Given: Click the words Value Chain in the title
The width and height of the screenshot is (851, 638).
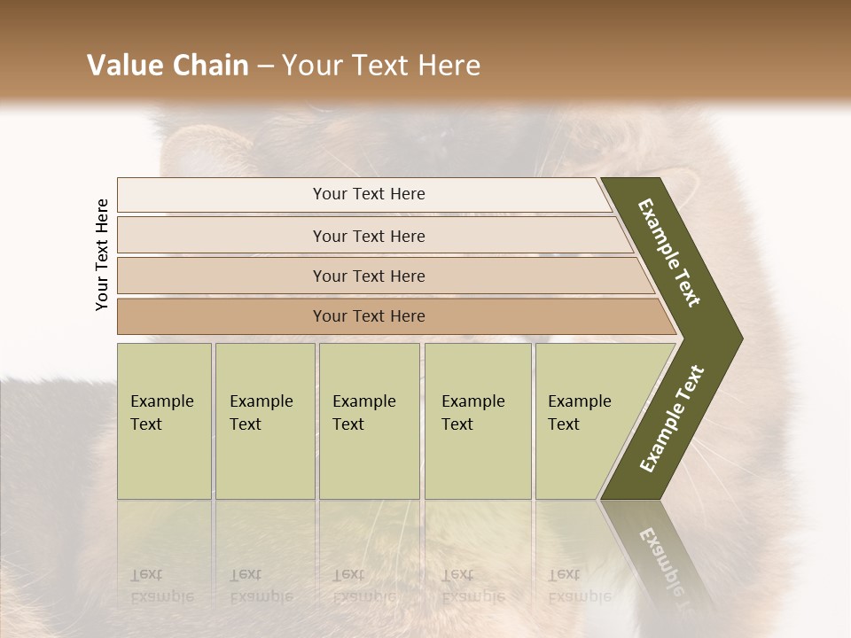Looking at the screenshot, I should [168, 66].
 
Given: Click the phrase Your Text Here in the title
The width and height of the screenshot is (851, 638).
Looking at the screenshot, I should [381, 66].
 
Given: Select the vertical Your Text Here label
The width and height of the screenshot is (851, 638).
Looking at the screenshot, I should [102, 254].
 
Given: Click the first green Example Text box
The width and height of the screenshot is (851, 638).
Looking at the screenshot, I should [164, 421].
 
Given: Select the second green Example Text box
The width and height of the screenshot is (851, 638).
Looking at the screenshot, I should [264, 421].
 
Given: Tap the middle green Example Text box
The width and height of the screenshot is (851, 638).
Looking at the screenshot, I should [369, 421].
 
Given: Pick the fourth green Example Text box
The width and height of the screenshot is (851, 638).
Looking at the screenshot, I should [477, 421].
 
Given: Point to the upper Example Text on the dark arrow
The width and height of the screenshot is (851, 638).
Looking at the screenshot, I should [669, 253].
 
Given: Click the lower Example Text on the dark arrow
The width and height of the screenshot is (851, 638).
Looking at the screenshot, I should [671, 418].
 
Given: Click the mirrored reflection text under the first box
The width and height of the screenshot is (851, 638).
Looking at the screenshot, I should [162, 585].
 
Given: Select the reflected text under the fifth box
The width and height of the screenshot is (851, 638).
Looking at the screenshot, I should [579, 585].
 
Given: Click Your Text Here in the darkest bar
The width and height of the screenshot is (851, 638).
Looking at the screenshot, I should [369, 316].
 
